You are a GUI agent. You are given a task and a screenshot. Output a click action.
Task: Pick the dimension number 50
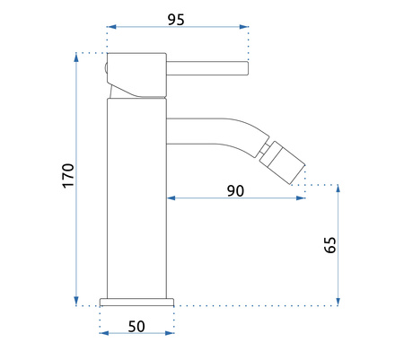click(136, 326)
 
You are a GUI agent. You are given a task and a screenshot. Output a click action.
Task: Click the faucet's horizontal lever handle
click(206, 64)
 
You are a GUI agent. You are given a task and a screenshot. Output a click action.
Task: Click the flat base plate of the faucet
click(136, 301)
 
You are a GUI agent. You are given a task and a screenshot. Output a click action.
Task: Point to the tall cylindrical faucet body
click(136, 198)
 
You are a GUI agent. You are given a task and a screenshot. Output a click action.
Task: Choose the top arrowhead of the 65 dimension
click(338, 189)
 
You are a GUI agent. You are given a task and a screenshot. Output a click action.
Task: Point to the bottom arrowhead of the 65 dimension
click(338, 301)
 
